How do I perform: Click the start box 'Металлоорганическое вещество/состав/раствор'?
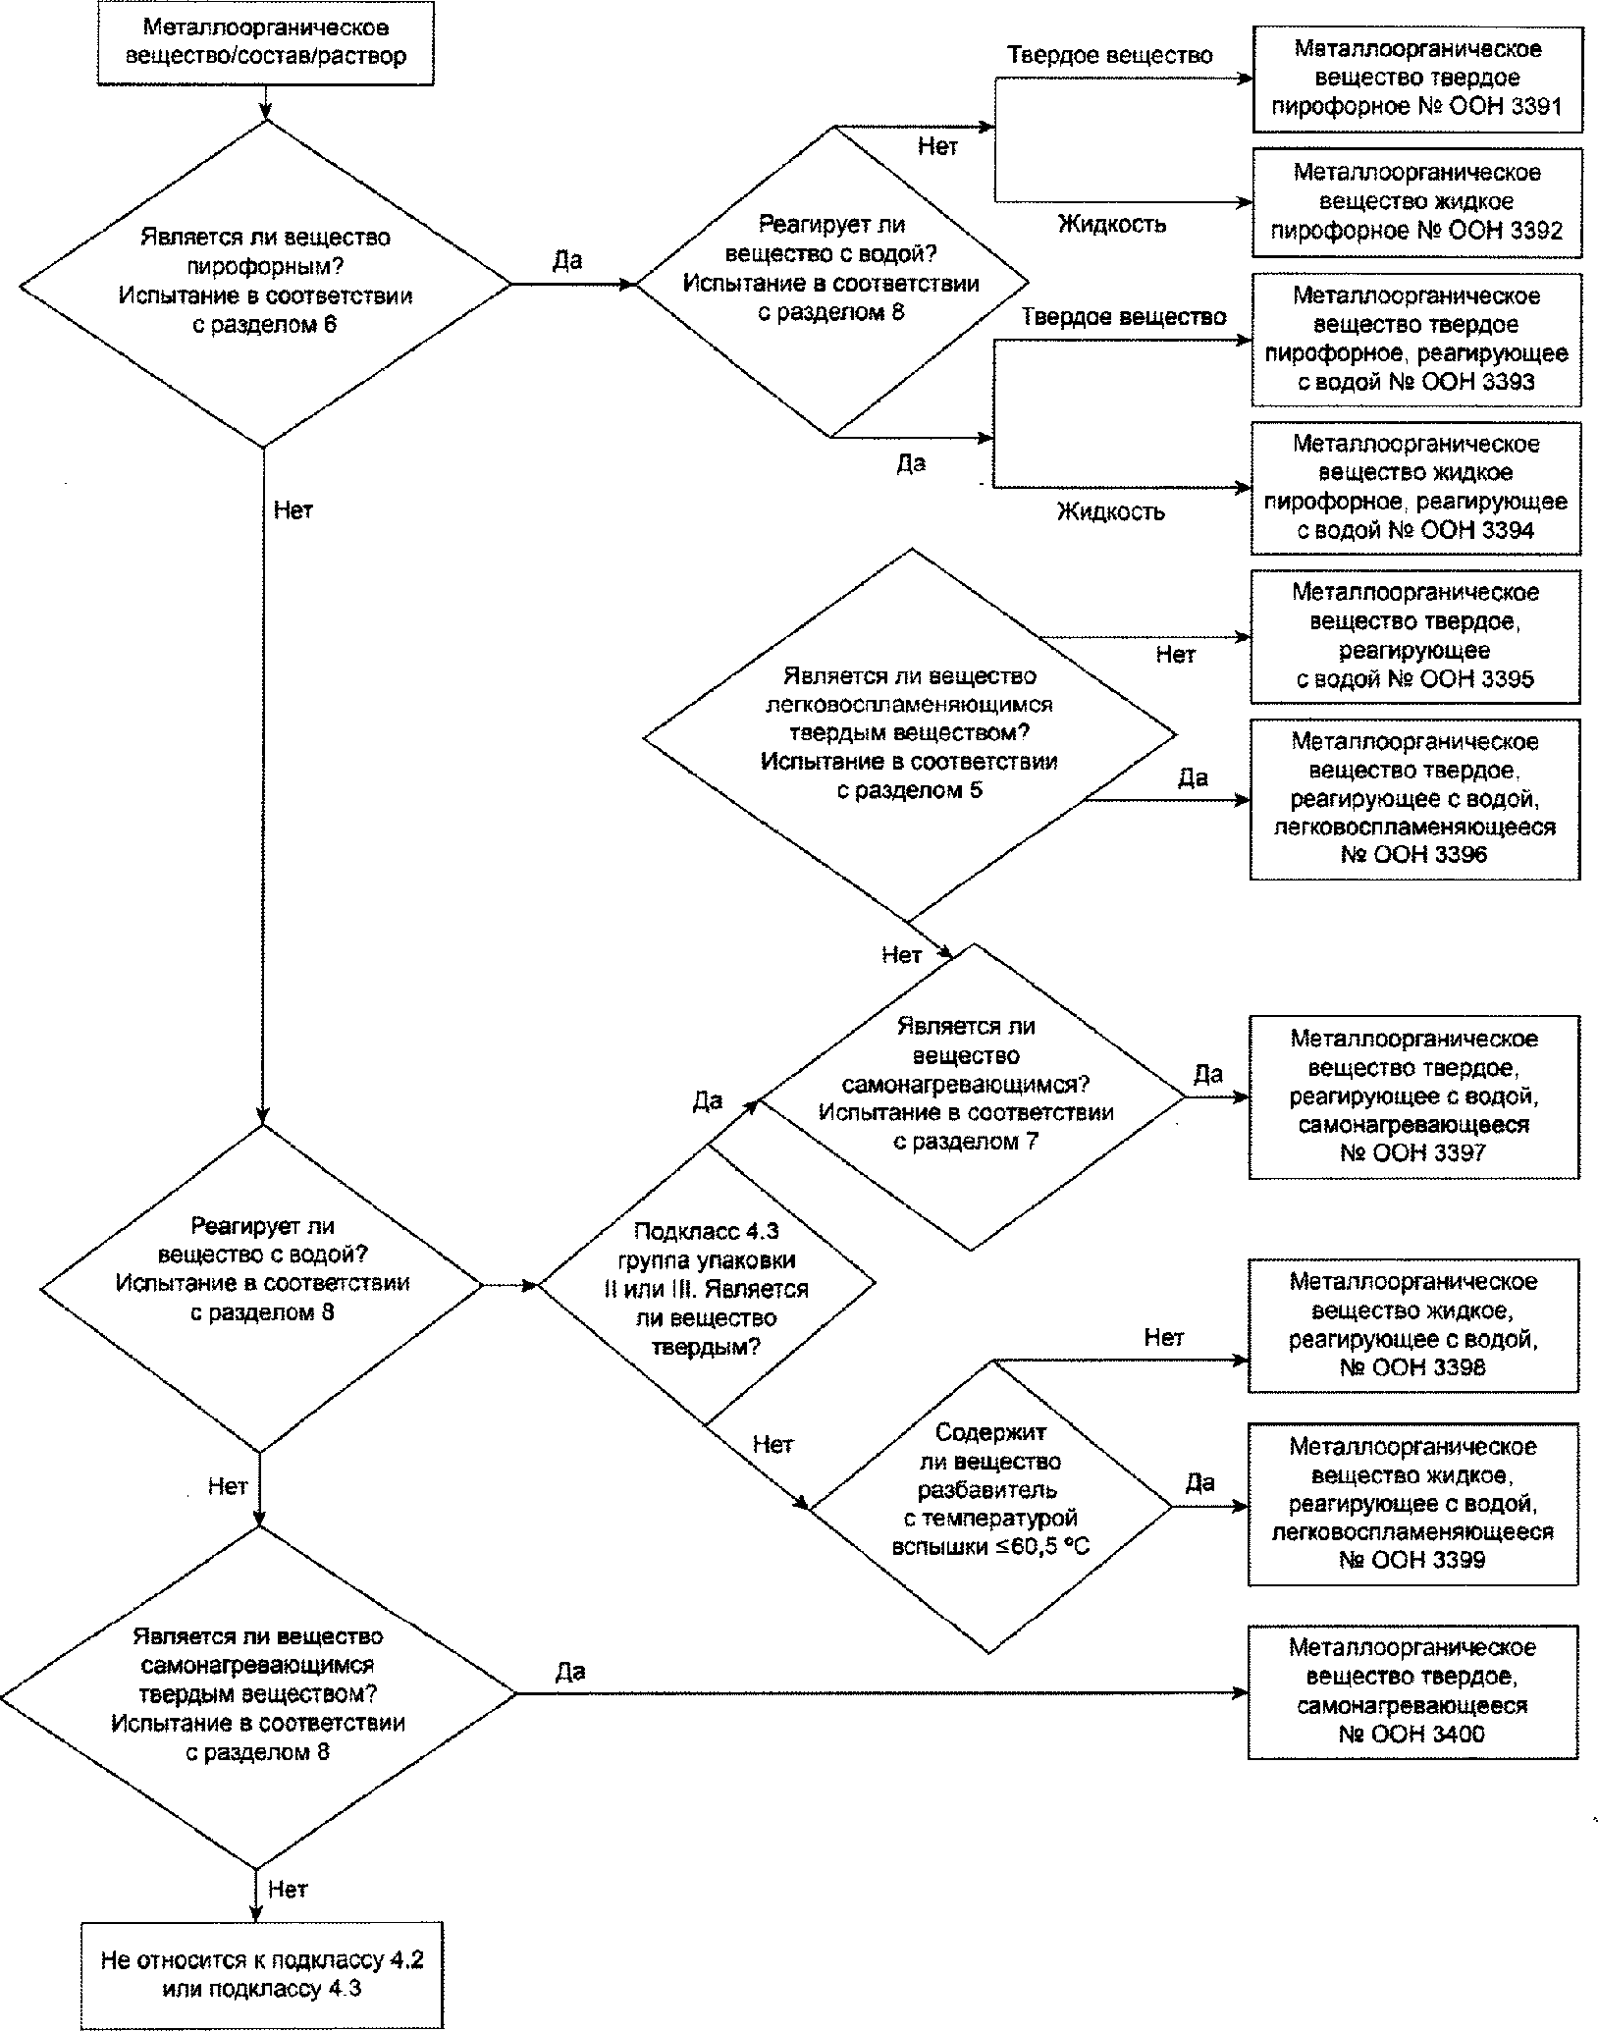pos(266,41)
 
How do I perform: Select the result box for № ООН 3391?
pos(1417,79)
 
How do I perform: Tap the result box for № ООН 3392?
pos(1417,202)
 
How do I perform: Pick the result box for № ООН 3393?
pos(1416,340)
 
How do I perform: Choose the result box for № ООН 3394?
pos(1416,488)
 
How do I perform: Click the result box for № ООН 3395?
pos(1415,636)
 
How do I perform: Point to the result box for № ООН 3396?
pos(1415,799)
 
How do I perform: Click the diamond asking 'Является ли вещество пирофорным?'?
pos(265,284)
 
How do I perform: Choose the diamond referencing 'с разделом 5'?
pos(910,734)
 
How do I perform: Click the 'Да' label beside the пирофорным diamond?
pos(568,260)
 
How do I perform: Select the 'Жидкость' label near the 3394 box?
pos(1111,511)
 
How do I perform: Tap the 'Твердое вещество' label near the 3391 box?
pos(1110,55)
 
